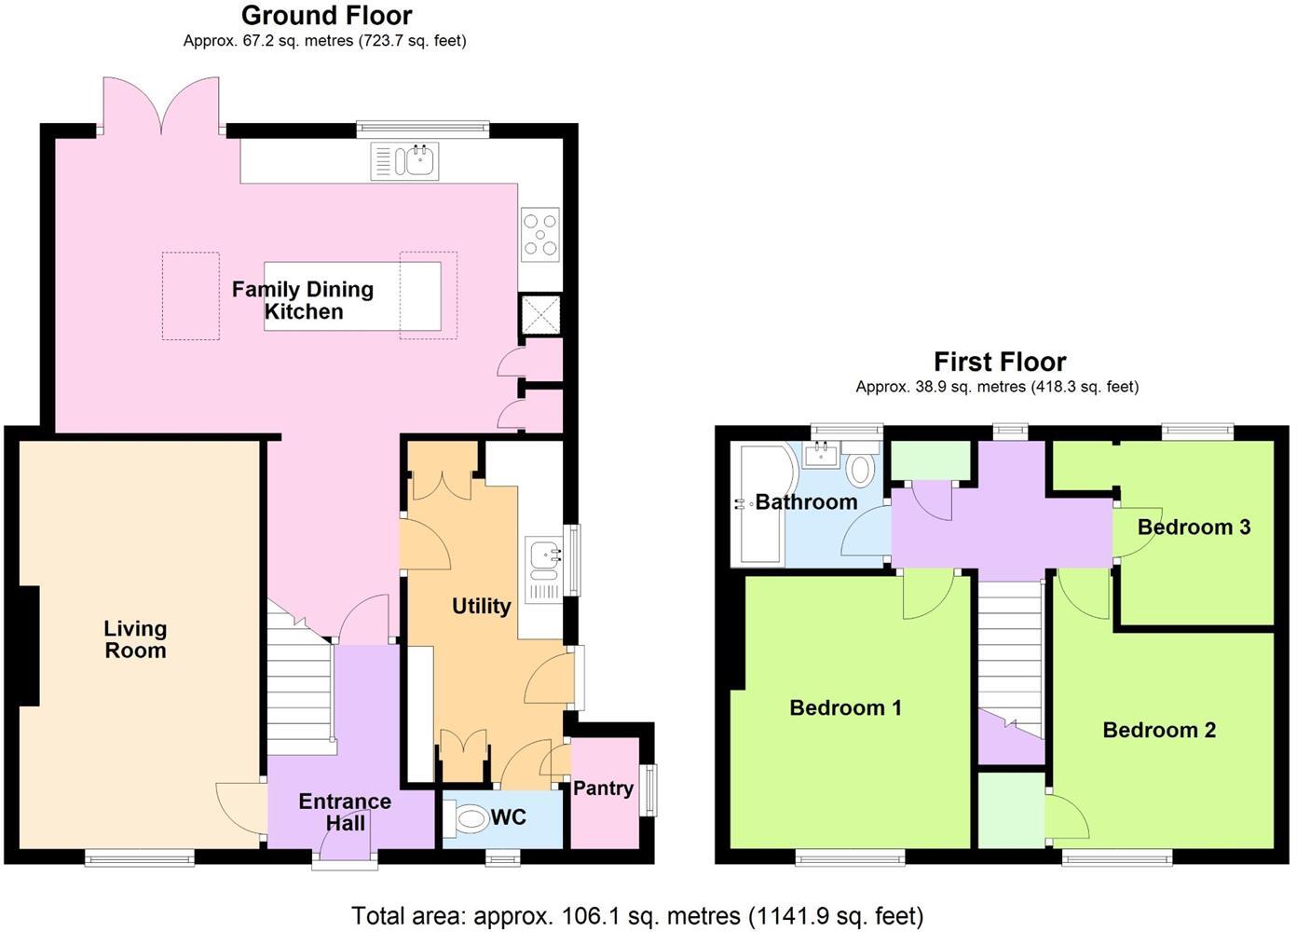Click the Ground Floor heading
(x=326, y=16)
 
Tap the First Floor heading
(x=999, y=362)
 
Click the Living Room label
(x=135, y=640)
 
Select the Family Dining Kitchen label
(x=303, y=300)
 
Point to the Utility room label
(x=481, y=607)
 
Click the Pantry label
(x=603, y=788)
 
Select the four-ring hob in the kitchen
(x=540, y=234)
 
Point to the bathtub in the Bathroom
(x=759, y=505)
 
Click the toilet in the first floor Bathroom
(x=862, y=467)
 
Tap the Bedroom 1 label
(x=845, y=708)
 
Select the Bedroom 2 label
(x=1159, y=730)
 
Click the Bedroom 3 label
(x=1194, y=528)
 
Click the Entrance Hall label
(x=345, y=812)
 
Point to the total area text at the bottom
(x=637, y=916)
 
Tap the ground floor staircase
(x=300, y=690)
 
